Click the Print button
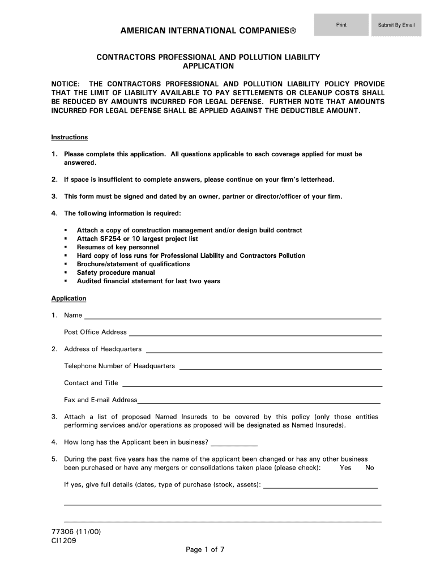coord(341,25)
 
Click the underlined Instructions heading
coord(69,137)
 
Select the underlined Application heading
coord(69,298)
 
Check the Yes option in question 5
coord(345,468)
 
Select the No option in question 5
coord(370,468)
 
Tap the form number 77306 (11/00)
coord(76,532)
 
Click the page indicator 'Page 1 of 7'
coord(206,549)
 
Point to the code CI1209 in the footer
coord(64,540)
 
